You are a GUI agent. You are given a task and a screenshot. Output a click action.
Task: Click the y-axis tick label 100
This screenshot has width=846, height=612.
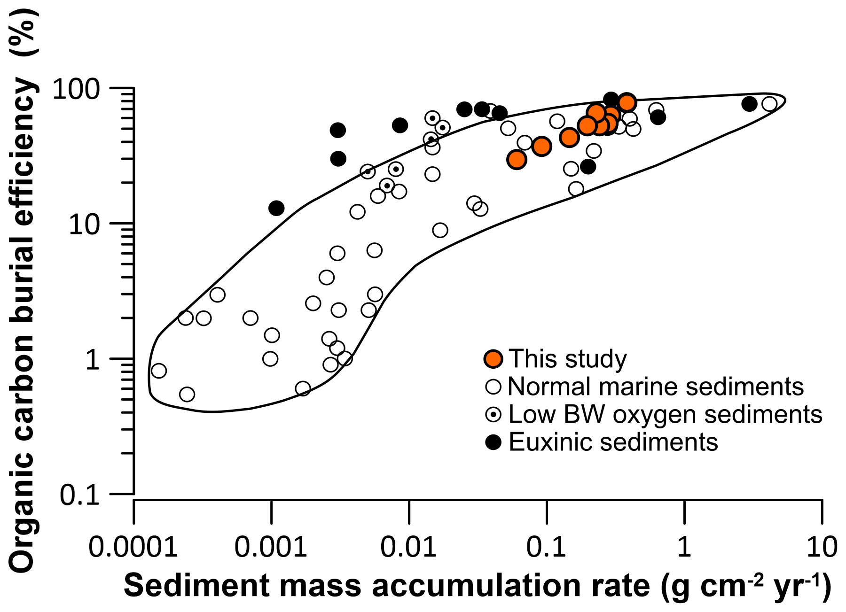point(77,89)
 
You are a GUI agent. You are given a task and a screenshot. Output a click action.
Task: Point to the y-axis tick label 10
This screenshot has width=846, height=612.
point(85,225)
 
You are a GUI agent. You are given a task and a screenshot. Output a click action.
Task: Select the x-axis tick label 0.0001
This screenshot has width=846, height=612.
point(133,547)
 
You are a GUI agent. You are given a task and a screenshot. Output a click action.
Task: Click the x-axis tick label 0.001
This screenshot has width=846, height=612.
point(271,547)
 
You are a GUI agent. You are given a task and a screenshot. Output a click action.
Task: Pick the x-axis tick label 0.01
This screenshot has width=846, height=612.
point(408,547)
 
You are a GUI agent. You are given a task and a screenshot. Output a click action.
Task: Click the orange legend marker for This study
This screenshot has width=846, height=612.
point(493,359)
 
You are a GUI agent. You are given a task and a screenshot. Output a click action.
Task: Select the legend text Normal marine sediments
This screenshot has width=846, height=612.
point(656,387)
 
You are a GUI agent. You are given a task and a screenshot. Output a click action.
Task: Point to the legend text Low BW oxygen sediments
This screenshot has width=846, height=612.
point(665,414)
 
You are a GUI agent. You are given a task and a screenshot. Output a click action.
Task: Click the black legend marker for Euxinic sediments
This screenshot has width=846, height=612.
point(493,442)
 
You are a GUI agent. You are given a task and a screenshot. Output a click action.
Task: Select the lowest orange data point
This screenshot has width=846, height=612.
point(517,160)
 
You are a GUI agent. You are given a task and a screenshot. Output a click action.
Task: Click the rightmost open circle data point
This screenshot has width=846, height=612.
point(769,103)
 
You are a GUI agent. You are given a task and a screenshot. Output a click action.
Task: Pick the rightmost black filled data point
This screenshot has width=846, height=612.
point(750,104)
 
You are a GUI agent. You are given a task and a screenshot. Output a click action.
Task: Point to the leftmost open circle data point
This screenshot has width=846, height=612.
point(159,371)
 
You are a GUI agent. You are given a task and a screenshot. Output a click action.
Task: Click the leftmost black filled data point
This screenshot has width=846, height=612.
point(276,208)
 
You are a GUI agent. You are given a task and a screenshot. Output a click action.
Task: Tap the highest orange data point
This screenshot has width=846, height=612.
point(627,102)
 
